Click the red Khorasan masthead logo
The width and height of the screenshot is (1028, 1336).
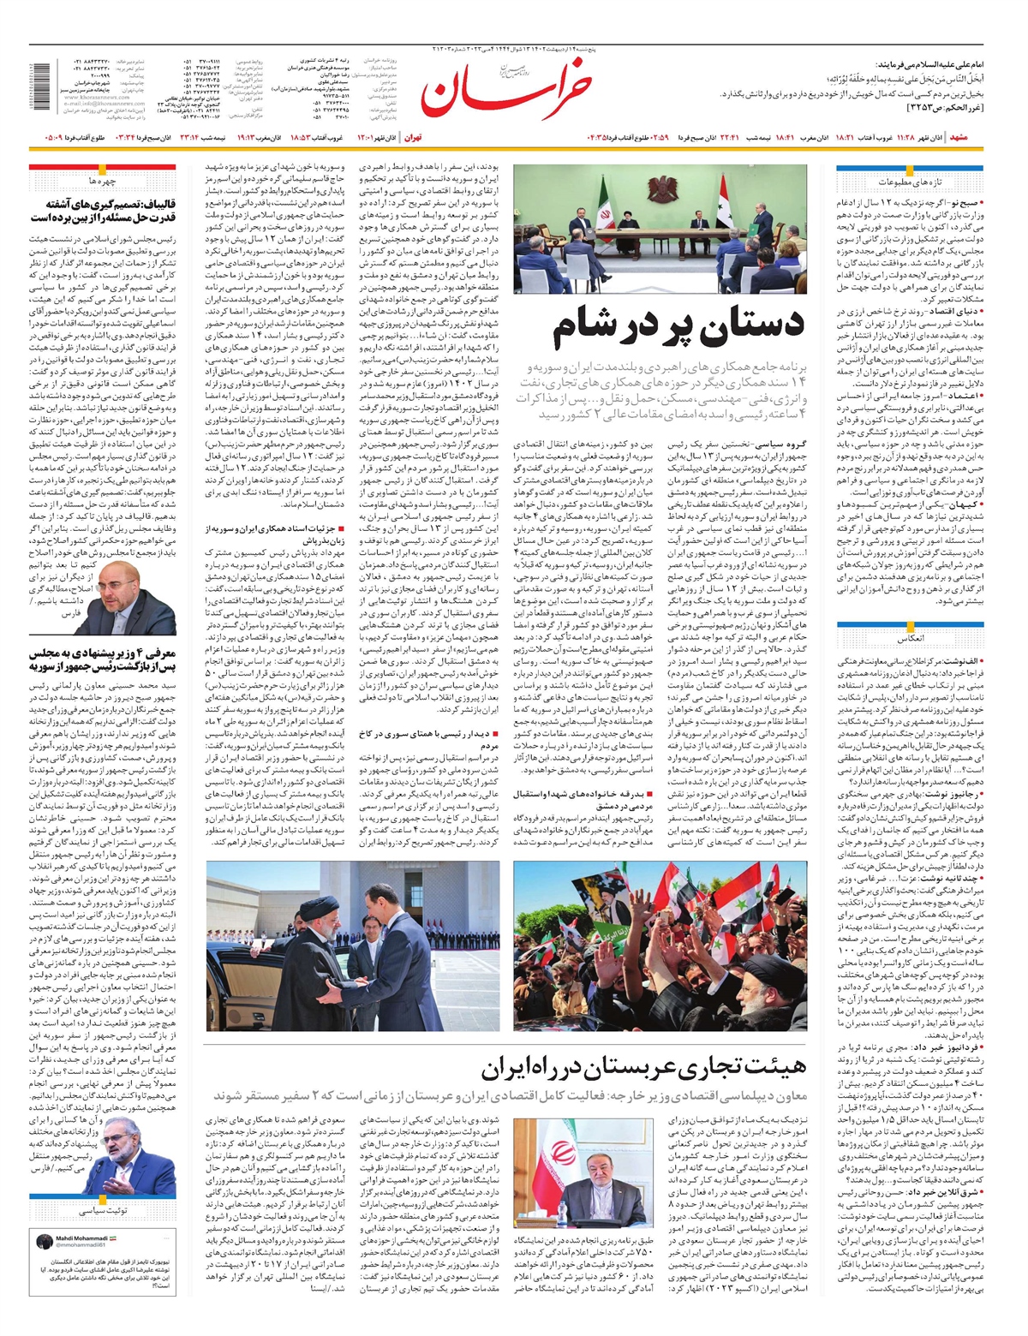click(x=505, y=87)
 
